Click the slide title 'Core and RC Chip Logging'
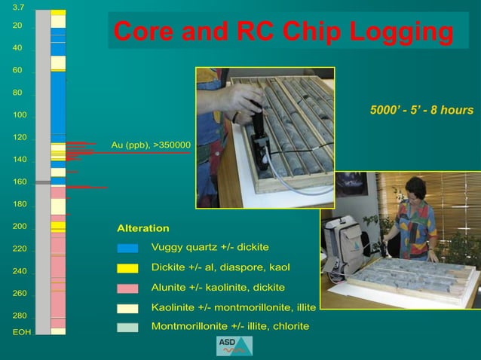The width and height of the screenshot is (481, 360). click(x=283, y=32)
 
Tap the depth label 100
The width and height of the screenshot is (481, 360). click(x=19, y=115)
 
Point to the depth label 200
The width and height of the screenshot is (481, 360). click(x=19, y=226)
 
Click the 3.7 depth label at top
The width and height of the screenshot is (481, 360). click(x=18, y=7)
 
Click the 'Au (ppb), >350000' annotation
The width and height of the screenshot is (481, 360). click(x=151, y=145)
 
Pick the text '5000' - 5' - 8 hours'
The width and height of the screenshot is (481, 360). click(x=421, y=111)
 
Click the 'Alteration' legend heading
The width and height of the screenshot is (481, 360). click(x=142, y=228)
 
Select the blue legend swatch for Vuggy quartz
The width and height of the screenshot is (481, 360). click(x=127, y=248)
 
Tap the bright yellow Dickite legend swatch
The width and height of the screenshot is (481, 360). click(x=127, y=268)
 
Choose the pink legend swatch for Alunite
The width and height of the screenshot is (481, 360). click(x=127, y=288)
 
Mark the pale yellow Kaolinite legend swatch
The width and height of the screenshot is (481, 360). click(x=127, y=308)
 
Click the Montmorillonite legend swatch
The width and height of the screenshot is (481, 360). click(x=127, y=327)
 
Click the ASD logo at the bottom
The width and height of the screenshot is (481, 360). click(x=234, y=346)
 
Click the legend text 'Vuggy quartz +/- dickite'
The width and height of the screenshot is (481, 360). click(x=210, y=247)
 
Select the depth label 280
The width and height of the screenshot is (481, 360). click(x=19, y=316)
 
